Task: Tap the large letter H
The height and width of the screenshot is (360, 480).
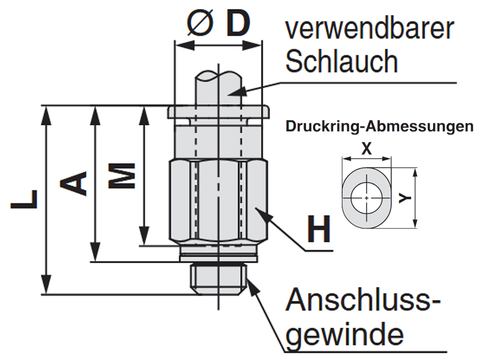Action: point(319,229)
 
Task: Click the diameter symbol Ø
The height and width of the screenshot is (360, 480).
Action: point(199,23)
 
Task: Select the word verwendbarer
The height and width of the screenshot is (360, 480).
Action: point(369,29)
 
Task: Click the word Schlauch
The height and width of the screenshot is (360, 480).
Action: point(341,61)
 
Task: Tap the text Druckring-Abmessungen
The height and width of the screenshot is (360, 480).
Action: point(379,127)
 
